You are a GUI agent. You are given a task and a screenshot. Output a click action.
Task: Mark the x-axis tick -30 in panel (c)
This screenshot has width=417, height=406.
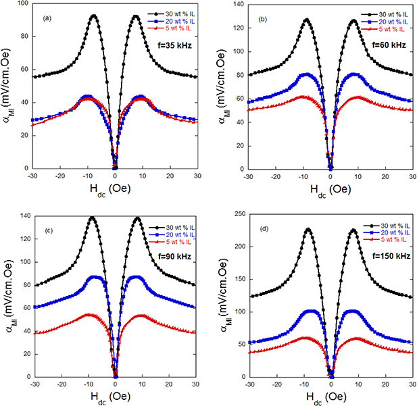pyautogui.click(x=32, y=384)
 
